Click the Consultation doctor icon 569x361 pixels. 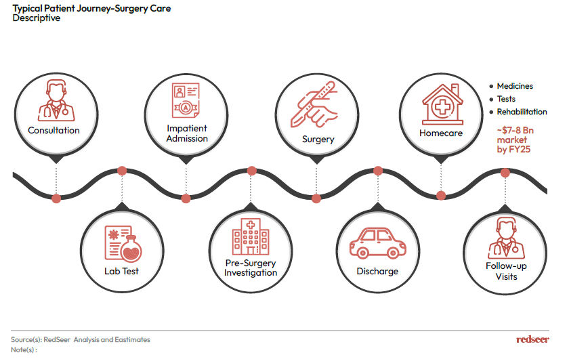point(56,100)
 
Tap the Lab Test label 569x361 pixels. point(121,271)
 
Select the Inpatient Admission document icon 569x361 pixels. point(186,100)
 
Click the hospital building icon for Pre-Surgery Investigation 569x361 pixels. point(251,236)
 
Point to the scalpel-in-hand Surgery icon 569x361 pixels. point(314,104)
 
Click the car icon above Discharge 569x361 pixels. point(378,243)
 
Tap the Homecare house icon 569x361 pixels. point(442,104)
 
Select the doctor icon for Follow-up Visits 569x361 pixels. point(506,238)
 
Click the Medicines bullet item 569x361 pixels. point(511,86)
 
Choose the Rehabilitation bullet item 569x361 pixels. point(518,112)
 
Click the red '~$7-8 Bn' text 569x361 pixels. point(515,130)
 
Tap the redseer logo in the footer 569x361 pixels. point(532,339)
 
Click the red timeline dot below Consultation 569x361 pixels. point(56,198)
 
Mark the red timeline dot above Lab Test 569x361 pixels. point(122,171)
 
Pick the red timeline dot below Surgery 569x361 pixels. point(316,198)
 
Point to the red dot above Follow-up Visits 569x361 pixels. point(505,173)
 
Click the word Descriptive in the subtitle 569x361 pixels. point(37,18)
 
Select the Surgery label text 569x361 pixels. point(318,140)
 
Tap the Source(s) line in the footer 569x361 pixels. point(81,339)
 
